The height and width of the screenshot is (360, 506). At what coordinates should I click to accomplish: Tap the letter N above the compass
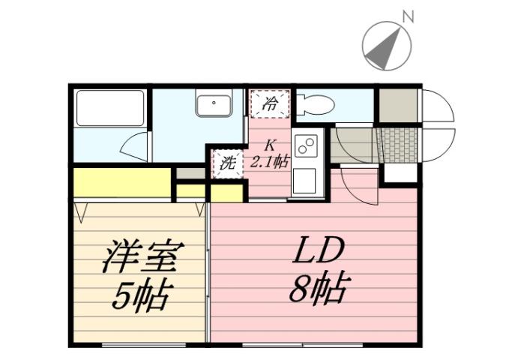(408, 16)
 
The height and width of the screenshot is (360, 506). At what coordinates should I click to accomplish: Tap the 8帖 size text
(318, 287)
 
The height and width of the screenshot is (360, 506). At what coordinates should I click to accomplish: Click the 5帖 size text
(140, 296)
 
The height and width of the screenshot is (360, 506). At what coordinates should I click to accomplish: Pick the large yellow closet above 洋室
(122, 181)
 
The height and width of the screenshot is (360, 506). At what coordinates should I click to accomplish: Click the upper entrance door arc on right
(437, 106)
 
